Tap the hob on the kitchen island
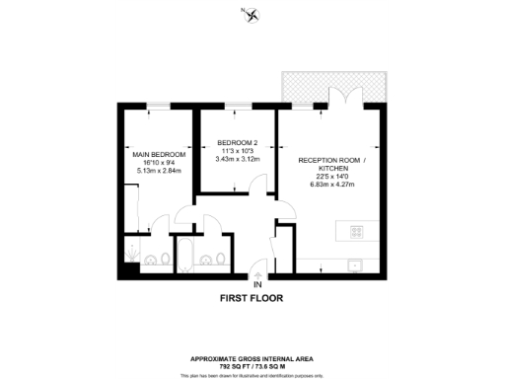click(x=357, y=233)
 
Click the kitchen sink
click(x=355, y=264)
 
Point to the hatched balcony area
click(x=330, y=87)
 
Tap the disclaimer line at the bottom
click(x=252, y=375)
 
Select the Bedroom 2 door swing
click(x=258, y=185)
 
